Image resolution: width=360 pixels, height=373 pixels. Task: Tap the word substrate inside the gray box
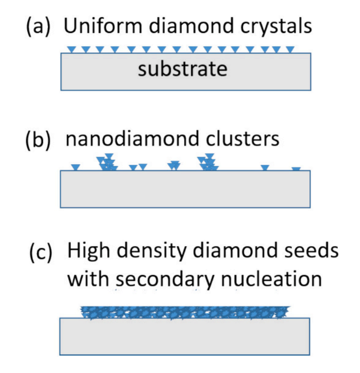(x=182, y=70)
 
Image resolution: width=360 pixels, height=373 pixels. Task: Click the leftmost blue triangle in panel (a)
(x=72, y=49)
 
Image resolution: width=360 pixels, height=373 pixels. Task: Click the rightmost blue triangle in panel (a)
(x=290, y=49)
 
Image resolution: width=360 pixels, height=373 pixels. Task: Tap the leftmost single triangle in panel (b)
(x=75, y=167)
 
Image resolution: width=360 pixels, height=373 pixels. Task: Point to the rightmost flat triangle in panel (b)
(x=296, y=169)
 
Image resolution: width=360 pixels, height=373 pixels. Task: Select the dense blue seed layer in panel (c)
(x=185, y=312)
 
